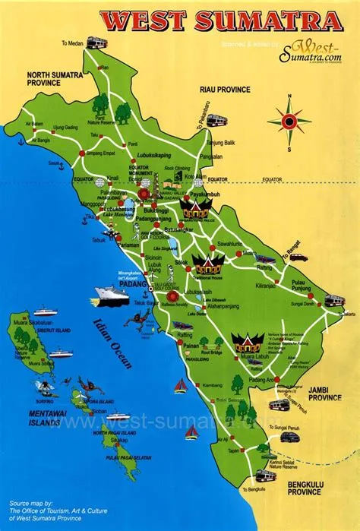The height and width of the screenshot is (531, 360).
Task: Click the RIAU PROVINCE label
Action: (x=224, y=89)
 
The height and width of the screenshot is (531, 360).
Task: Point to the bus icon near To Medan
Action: (x=96, y=43)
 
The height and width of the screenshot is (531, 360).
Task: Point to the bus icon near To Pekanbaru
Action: (x=216, y=119)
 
